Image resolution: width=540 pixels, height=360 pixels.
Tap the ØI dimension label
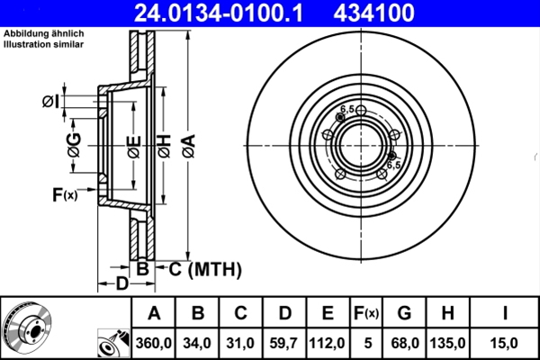51,101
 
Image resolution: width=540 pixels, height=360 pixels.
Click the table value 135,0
449,343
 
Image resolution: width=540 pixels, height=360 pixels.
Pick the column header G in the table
404,314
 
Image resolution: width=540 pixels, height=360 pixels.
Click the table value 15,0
506,343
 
